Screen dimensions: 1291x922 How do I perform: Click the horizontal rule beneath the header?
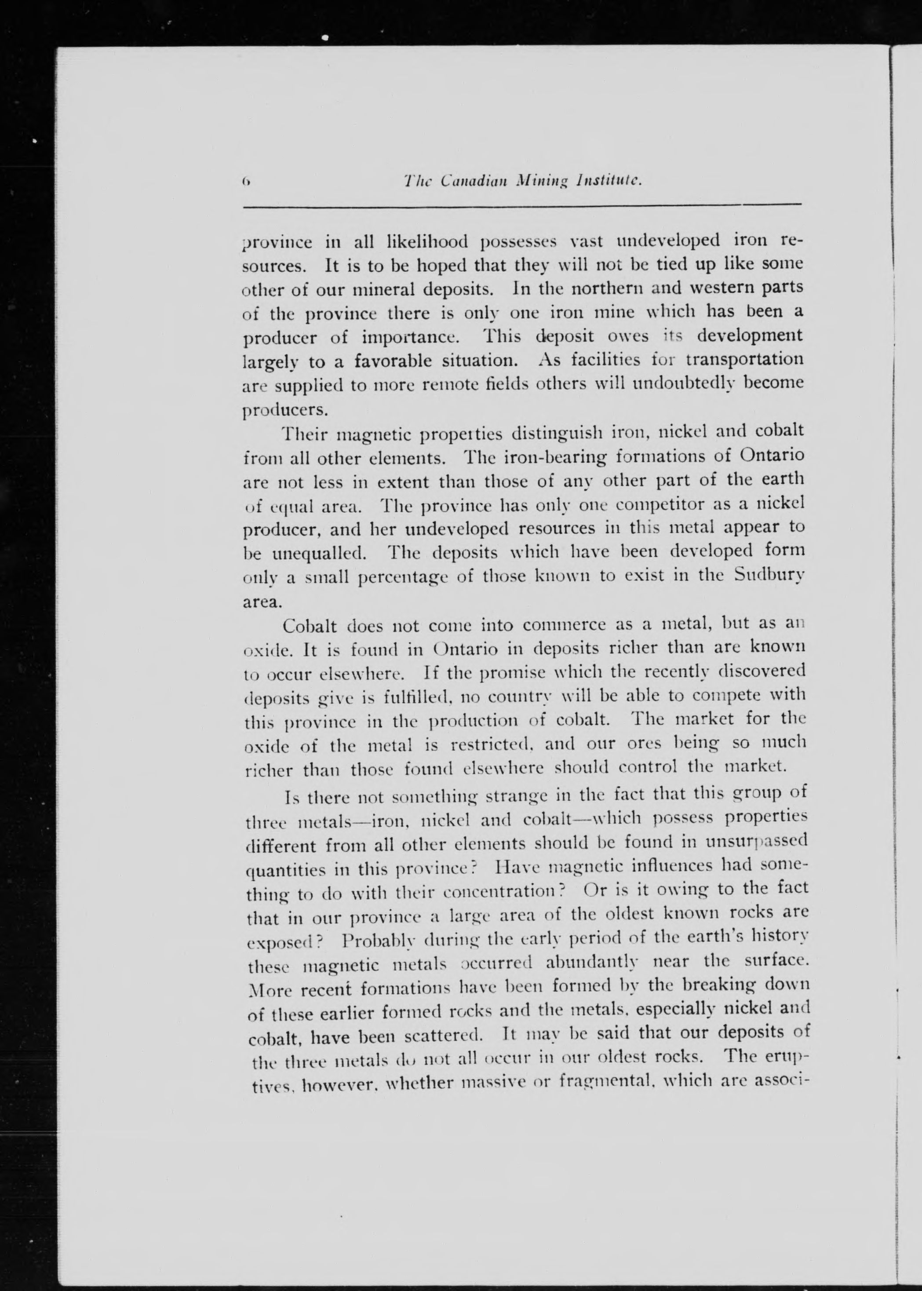[522, 205]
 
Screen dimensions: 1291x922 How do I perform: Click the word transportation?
[744, 360]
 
